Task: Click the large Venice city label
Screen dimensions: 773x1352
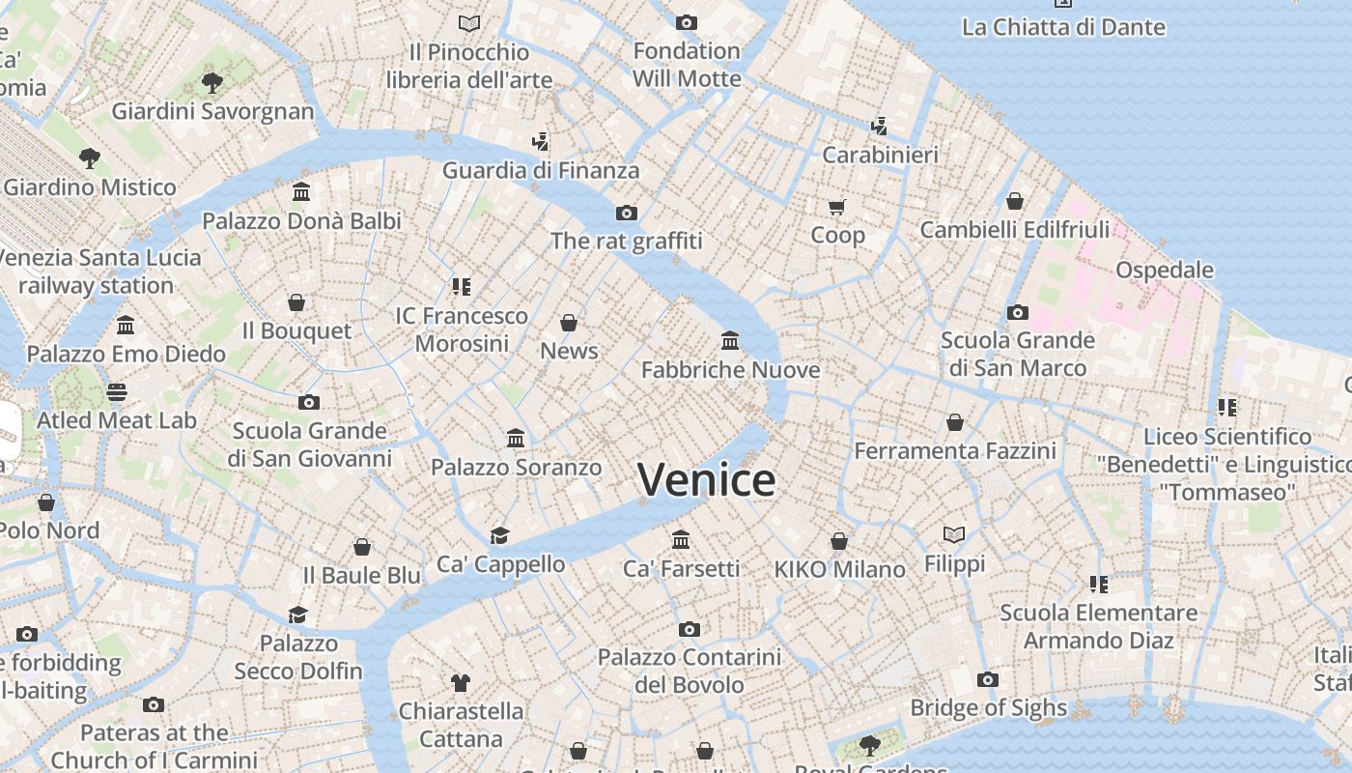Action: [706, 480]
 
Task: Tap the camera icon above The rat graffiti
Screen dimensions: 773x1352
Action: [627, 213]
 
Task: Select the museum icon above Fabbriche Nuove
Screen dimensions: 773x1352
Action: [730, 341]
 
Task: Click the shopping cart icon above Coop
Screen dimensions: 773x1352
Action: [836, 207]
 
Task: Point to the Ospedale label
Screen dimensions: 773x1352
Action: [1164, 270]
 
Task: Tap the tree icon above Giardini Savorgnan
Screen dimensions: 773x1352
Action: [212, 83]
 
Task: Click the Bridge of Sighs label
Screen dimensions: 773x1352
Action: [988, 708]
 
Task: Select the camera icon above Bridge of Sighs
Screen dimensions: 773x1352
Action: [987, 680]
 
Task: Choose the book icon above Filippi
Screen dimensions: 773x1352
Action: [954, 534]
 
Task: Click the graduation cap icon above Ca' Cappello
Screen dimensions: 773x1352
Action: [499, 535]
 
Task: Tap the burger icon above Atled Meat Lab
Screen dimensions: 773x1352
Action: [117, 392]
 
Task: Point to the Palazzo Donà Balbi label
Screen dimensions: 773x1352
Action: [301, 221]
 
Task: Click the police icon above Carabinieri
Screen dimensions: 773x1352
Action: [879, 126]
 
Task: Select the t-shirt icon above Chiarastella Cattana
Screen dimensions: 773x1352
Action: [461, 683]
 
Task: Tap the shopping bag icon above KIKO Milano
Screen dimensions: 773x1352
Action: [839, 541]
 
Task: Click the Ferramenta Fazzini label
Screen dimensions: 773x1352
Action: [954, 451]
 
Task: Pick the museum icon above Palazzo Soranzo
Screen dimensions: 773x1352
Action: [516, 439]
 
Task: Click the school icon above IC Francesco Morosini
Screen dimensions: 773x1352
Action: [461, 287]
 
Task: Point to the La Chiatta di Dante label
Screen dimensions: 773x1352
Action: [1063, 27]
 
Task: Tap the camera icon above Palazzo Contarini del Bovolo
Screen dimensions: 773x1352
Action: [689, 630]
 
